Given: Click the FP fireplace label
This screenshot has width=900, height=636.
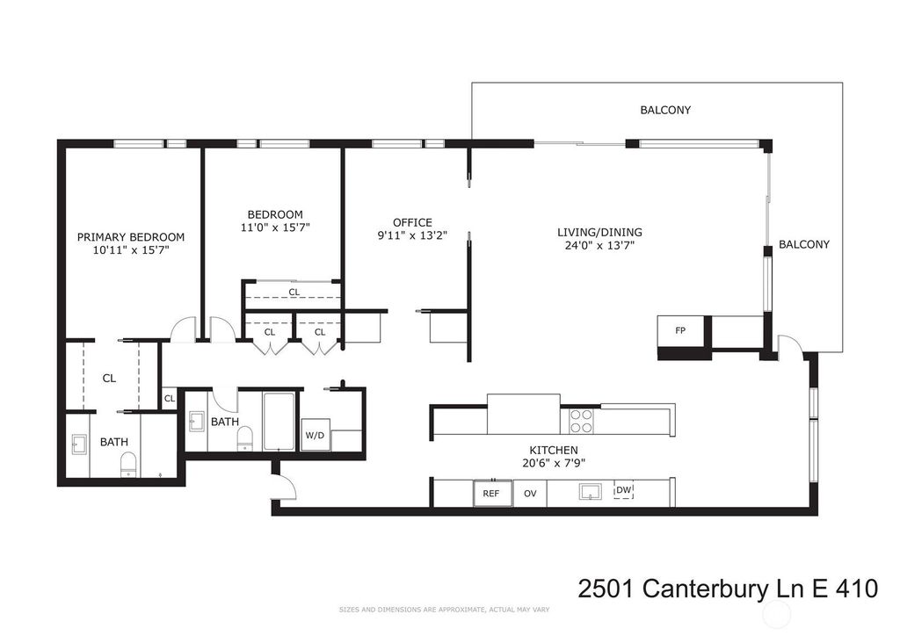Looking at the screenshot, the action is point(680,330).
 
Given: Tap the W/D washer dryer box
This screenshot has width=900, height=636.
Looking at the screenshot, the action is point(316,435).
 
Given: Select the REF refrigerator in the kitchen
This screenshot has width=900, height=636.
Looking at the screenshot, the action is point(492,493).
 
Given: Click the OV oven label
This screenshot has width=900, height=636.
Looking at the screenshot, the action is point(530,493).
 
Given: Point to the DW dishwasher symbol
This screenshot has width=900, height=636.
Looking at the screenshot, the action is point(623,490).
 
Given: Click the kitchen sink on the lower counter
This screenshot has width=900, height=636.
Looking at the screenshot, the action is point(590,491).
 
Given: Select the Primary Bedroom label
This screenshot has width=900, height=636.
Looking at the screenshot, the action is point(131,237).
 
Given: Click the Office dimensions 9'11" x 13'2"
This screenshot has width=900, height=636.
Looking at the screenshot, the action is point(412,235).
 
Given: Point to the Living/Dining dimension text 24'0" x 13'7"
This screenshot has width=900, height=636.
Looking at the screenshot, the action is point(599,245).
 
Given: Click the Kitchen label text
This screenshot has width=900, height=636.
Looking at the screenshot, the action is point(554,450).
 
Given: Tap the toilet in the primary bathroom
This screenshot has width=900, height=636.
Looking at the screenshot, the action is point(128,465).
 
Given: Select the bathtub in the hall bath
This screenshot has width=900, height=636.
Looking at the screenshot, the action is point(279,421).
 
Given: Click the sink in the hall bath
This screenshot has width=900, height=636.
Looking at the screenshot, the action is point(196,422).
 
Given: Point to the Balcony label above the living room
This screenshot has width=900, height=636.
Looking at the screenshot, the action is point(665,110).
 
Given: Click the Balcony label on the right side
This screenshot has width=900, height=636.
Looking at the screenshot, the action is point(804,244).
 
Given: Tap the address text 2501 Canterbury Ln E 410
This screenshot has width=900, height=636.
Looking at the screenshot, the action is point(728,589).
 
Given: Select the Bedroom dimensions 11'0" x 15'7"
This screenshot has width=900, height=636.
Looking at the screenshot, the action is point(275,228).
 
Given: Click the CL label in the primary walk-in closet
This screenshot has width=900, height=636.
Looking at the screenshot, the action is point(109,379).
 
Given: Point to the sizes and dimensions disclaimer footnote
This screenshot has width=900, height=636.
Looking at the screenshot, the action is point(444,610).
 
